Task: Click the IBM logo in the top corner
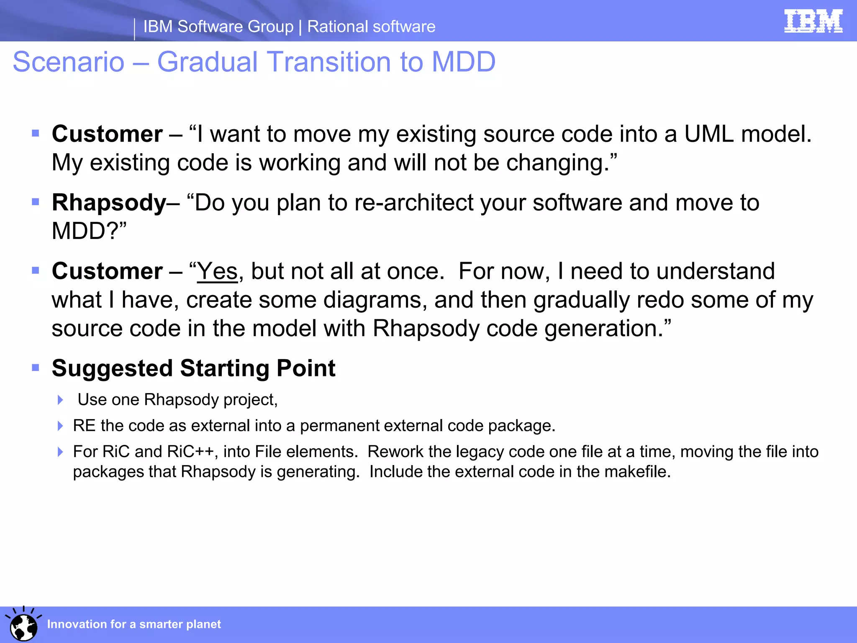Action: point(813,21)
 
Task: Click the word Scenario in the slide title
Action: point(69,62)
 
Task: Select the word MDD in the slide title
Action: point(463,62)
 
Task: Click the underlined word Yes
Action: point(217,271)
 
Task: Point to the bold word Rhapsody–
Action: point(115,203)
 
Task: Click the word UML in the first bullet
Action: point(709,134)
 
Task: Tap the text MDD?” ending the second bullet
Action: point(89,231)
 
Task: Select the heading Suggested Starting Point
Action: point(193,368)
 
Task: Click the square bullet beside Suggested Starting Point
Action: point(36,368)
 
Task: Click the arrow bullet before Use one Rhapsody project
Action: point(60,400)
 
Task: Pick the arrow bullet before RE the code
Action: point(60,426)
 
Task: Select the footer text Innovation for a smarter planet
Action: point(133,624)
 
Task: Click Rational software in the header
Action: point(371,27)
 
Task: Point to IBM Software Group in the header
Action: point(218,27)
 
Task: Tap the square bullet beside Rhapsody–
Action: point(36,202)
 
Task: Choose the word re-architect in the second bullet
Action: point(413,203)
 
